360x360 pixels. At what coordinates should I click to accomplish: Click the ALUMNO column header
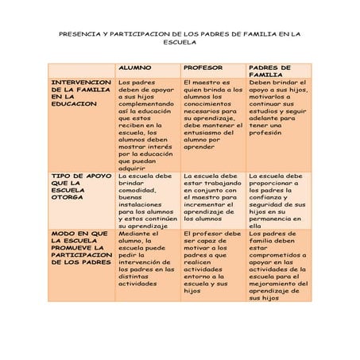(135, 68)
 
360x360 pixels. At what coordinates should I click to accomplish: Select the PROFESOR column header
(203, 68)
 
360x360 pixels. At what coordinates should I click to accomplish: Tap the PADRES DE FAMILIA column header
(269, 72)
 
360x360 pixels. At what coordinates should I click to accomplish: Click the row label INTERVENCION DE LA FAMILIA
(81, 93)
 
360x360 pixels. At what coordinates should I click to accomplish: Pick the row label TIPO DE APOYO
(80, 187)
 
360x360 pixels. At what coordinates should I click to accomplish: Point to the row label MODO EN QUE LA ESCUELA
(81, 248)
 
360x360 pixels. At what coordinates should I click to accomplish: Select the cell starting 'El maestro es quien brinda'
(212, 114)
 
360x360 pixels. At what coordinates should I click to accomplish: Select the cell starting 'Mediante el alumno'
(147, 258)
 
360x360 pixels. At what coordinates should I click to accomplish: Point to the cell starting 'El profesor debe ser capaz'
(212, 262)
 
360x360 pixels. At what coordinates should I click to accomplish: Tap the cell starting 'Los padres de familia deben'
(277, 266)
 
